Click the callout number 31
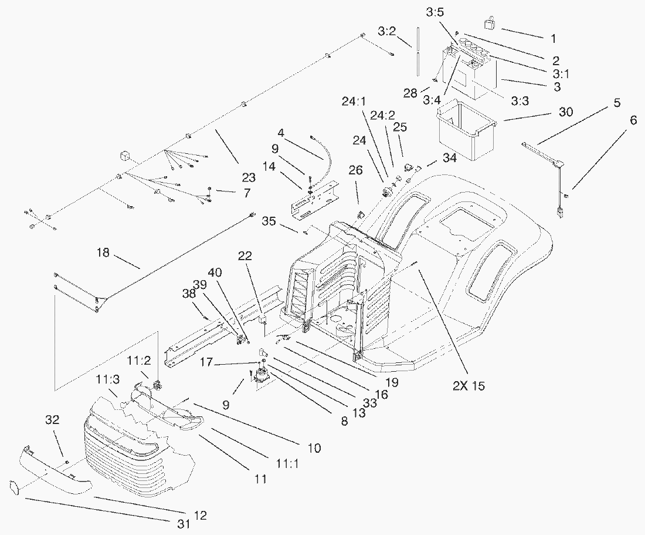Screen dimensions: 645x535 point(184,523)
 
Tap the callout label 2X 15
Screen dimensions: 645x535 point(468,386)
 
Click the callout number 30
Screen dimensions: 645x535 point(566,112)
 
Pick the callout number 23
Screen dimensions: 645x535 point(249,177)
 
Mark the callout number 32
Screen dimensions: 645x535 point(52,420)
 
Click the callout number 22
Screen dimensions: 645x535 point(245,256)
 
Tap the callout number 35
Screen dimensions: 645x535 point(269,221)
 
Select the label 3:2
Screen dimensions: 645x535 point(386,31)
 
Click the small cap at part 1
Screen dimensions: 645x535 point(488,24)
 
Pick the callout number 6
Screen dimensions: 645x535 point(633,120)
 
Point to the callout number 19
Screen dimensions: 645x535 point(392,382)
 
